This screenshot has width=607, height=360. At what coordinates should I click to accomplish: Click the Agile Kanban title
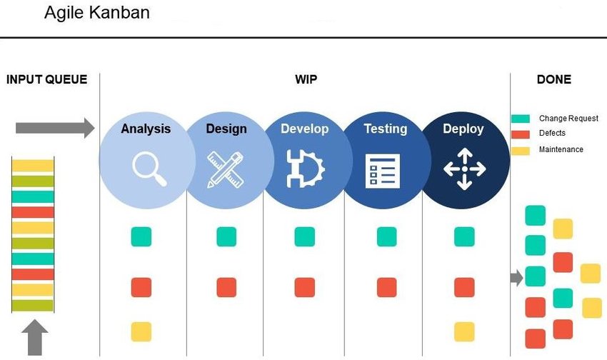point(97,13)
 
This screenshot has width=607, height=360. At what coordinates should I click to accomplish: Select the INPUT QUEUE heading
point(47,79)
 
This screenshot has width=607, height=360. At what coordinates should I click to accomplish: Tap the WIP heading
point(306,79)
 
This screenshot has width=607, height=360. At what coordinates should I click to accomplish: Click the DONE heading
point(554,79)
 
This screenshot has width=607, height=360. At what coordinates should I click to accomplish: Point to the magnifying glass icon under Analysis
point(149,169)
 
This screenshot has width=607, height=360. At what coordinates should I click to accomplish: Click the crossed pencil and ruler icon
point(226,170)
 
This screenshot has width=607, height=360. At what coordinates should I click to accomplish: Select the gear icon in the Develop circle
point(305,169)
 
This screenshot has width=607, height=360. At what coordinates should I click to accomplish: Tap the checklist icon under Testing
point(383,171)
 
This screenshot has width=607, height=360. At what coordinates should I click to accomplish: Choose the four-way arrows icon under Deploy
point(465,169)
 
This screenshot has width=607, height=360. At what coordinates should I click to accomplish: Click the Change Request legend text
point(568,118)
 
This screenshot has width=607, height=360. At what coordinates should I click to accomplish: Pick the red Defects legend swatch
point(521,134)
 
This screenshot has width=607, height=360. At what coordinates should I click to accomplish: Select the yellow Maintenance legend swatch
point(521,151)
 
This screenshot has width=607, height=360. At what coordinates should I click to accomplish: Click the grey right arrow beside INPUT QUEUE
point(55,128)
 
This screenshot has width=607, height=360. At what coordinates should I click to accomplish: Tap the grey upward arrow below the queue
point(35,337)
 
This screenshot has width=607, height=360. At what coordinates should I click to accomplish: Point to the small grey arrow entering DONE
point(517,278)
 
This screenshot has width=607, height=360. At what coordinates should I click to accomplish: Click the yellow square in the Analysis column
point(141,331)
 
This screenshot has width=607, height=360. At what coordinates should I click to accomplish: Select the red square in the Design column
point(226,287)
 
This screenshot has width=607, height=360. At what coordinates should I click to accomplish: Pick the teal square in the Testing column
point(387,236)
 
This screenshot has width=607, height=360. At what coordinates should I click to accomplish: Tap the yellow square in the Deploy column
point(464,331)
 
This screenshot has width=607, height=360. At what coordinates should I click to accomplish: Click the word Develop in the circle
point(305,129)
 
